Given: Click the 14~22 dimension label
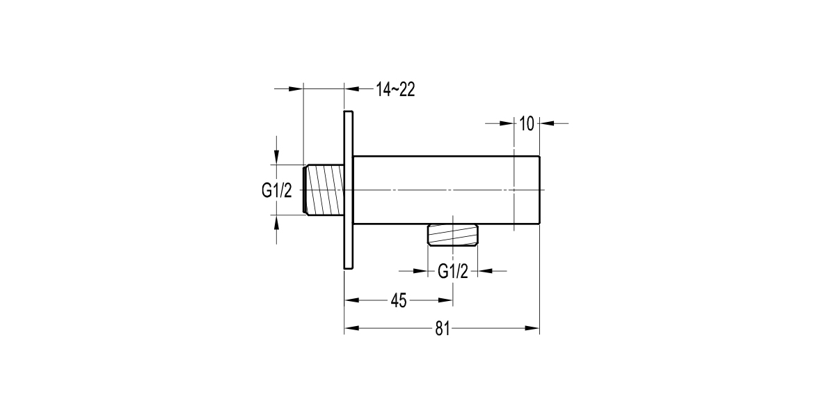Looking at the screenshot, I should (395, 89).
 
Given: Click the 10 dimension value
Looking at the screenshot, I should (526, 124).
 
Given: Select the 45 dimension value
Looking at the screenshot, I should (398, 301).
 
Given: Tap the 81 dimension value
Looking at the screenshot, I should (443, 329).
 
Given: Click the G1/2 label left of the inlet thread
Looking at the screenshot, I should (277, 190).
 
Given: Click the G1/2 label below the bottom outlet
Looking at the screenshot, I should (453, 272).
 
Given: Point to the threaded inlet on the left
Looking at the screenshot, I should (324, 189).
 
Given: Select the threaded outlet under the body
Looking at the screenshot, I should (452, 235).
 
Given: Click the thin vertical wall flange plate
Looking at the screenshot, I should (349, 189).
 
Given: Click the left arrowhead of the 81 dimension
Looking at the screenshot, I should (352, 328).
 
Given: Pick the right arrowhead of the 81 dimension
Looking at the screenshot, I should (533, 328).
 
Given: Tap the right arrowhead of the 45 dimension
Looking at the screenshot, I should (445, 300).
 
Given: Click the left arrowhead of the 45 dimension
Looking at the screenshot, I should (352, 300).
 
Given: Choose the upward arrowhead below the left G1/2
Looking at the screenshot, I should (277, 222).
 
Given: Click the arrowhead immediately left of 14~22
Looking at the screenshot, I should (352, 88).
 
